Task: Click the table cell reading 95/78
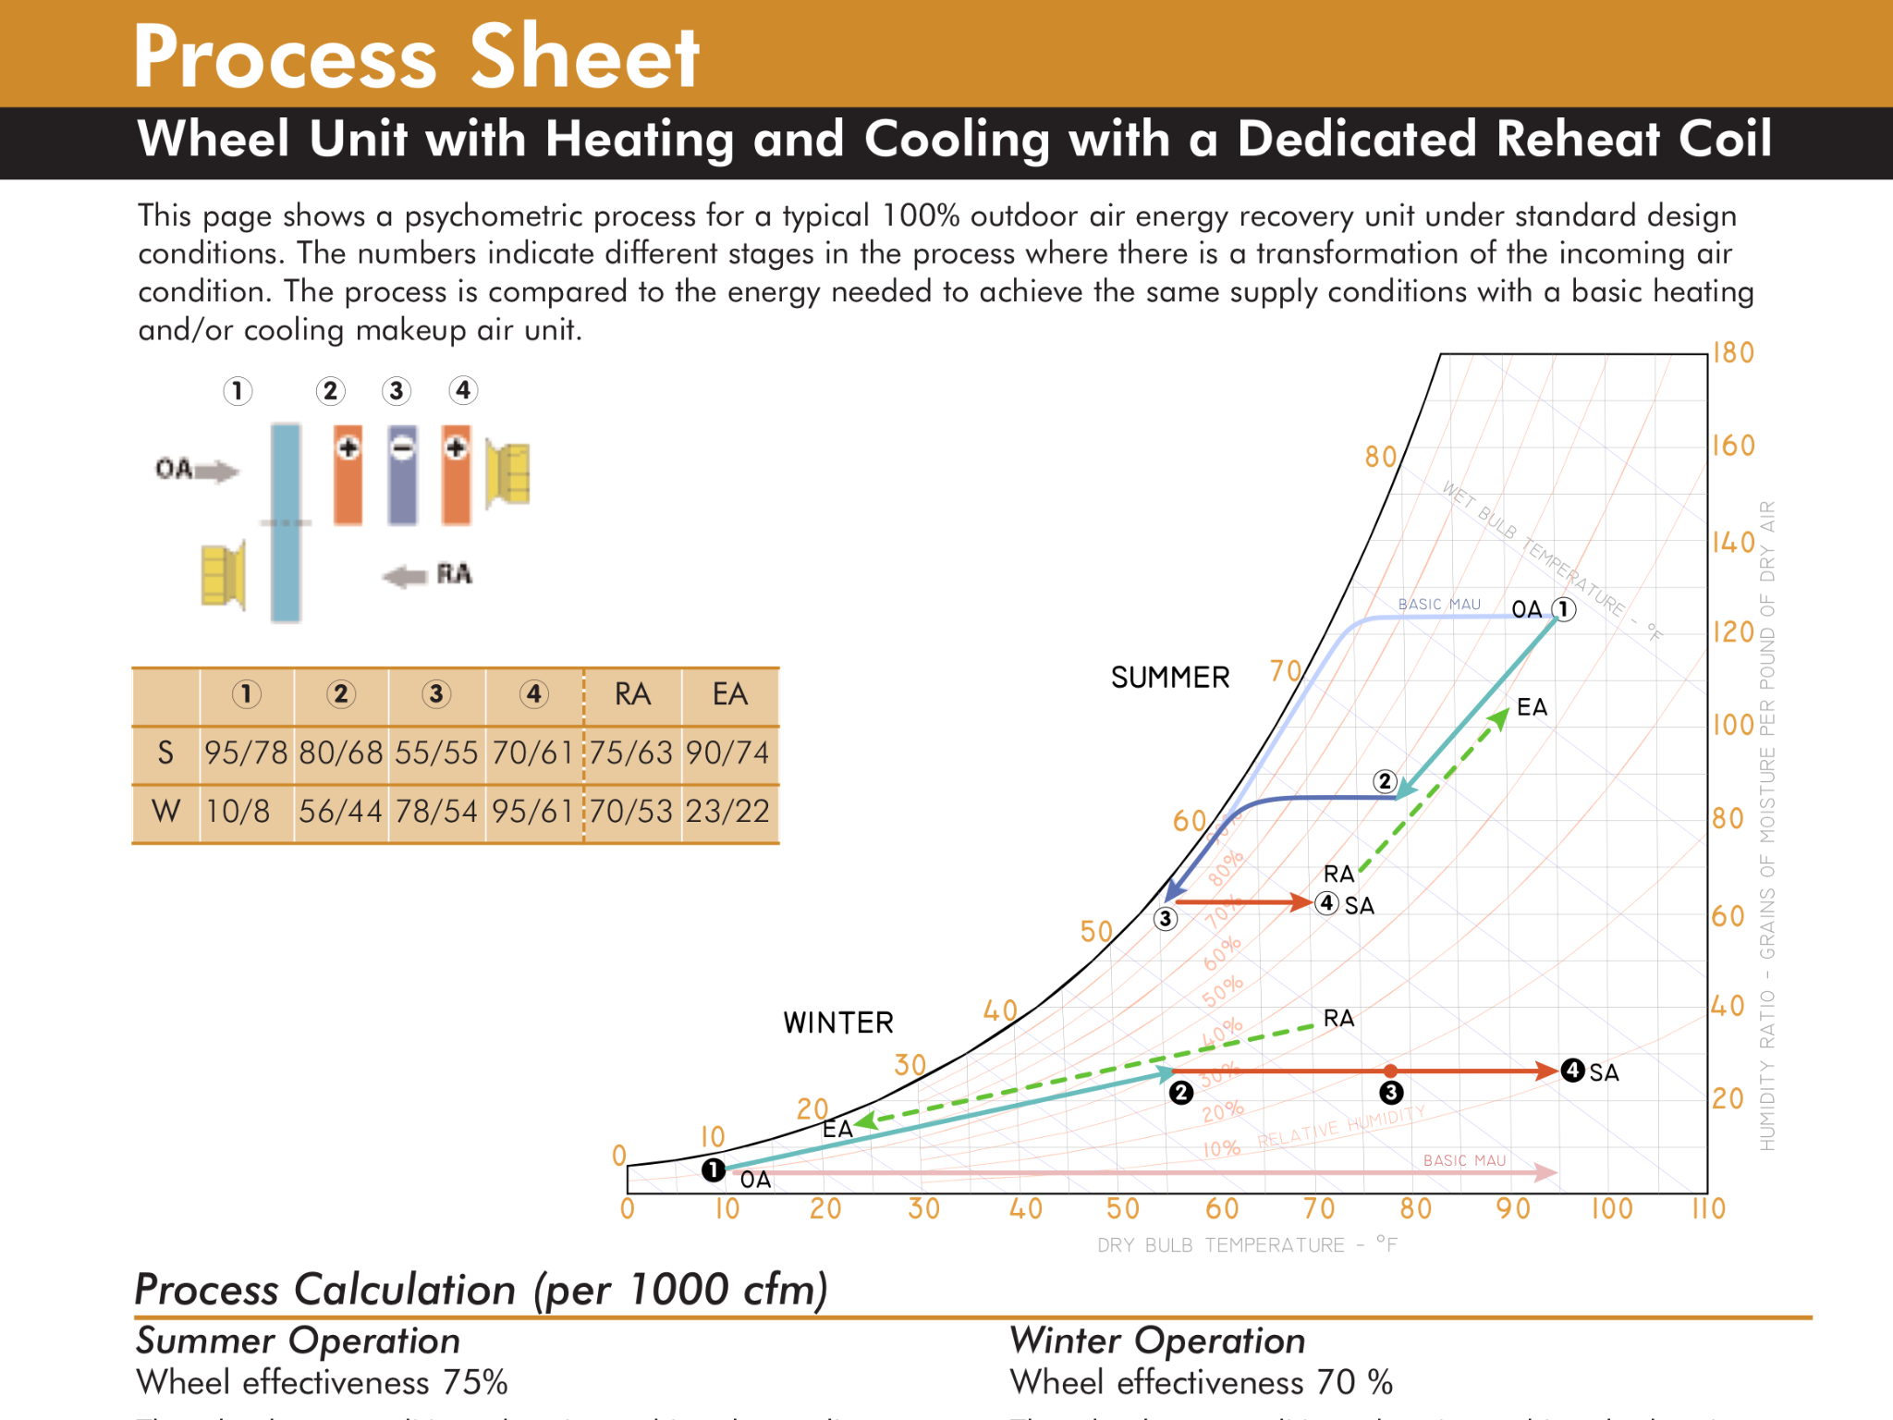[x=246, y=753]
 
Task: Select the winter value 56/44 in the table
[x=340, y=811]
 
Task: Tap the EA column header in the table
[x=729, y=694]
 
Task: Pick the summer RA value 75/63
[x=631, y=753]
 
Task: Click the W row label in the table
[x=165, y=811]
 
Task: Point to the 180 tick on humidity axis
[x=1733, y=353]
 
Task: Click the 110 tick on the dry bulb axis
[x=1708, y=1208]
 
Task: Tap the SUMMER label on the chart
[x=1170, y=678]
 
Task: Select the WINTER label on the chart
[x=838, y=1022]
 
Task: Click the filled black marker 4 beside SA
[x=1572, y=1071]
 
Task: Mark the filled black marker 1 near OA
[x=713, y=1169]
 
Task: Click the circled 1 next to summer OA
[x=1563, y=609]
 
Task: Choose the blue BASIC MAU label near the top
[x=1439, y=605]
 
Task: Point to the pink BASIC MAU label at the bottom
[x=1464, y=1160]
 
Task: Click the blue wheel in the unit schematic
[x=286, y=522]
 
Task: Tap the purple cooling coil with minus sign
[x=402, y=475]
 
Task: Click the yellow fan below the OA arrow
[x=224, y=575]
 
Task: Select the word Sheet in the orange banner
[x=584, y=57]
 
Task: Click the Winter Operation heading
[x=1157, y=1340]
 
